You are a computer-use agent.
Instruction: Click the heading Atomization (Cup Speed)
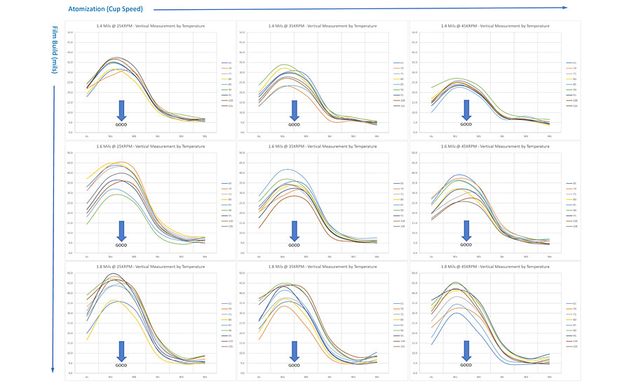[106, 9]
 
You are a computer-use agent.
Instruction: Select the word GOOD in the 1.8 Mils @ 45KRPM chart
[466, 366]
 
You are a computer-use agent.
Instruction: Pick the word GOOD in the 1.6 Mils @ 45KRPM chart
[466, 245]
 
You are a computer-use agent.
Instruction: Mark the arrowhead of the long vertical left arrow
[53, 371]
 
